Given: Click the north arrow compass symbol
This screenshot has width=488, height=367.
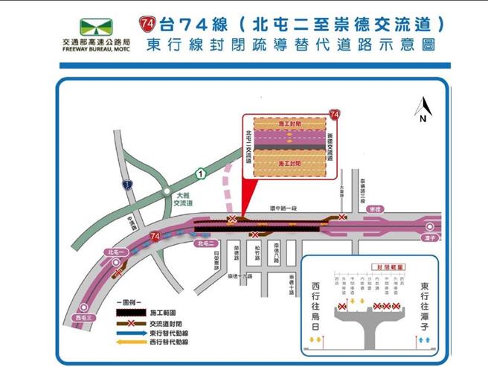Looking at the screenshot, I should pos(421,108).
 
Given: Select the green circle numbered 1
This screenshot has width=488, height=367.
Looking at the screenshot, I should pos(200,173).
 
